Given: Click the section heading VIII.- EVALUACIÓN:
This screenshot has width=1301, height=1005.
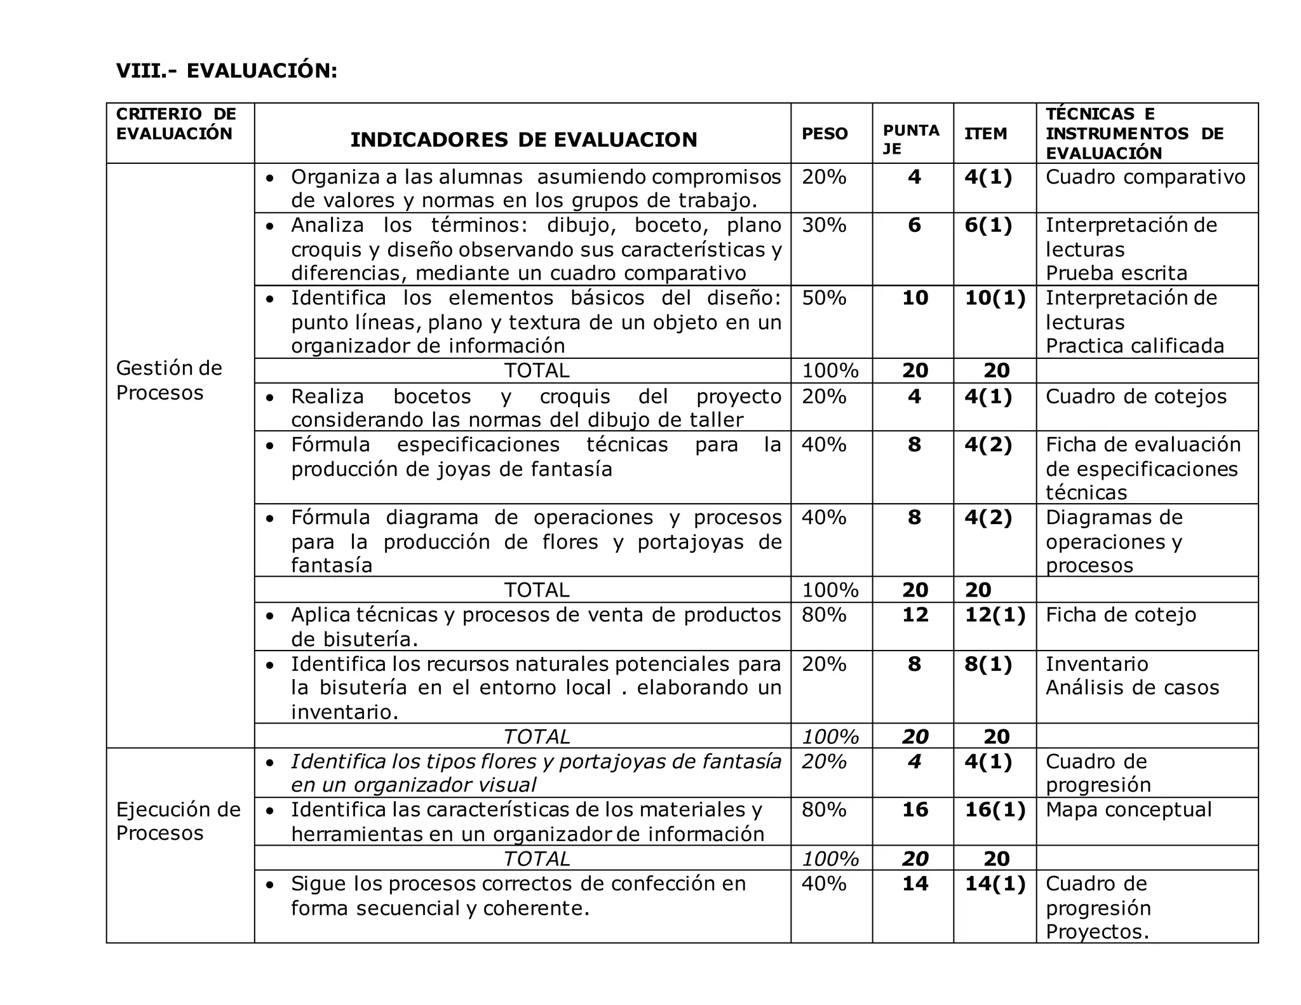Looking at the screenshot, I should [226, 71].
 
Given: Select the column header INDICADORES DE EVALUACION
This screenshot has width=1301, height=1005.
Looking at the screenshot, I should [523, 140].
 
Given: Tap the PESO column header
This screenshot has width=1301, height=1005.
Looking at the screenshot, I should [825, 133].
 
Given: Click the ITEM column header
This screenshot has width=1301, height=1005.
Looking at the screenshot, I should [985, 133].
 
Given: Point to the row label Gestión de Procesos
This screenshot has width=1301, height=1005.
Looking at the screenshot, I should [169, 380].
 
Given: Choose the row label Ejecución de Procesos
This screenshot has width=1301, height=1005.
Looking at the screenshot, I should [178, 821].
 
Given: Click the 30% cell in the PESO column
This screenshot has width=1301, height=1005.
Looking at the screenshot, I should [824, 225].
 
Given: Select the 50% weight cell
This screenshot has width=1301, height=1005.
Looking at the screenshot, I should [824, 297].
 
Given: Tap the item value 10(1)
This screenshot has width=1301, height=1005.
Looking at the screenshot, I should [995, 297].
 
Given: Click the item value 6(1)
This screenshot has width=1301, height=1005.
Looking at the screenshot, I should [988, 225].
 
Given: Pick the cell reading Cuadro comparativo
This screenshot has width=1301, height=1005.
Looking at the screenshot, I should [1145, 177].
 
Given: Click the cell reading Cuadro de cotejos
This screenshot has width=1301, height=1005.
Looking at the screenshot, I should [1136, 396].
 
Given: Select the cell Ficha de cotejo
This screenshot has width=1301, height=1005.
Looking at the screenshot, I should [1121, 614].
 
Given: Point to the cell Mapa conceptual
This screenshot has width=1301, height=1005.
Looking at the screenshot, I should [1128, 809].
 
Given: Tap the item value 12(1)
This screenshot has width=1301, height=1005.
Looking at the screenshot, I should [995, 614].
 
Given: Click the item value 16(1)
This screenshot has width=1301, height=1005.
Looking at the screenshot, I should [995, 809].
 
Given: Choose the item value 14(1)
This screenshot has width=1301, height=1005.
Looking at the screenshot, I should [995, 883].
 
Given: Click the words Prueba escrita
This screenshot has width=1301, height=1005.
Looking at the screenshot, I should [1116, 273].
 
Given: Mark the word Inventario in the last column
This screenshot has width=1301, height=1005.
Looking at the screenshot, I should [1096, 664].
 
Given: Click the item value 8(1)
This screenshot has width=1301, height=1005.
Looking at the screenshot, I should [988, 664].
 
